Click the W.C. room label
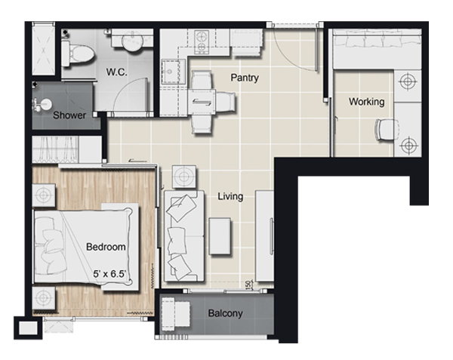pyautogui.click(x=116, y=72)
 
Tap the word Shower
pyautogui.click(x=69, y=115)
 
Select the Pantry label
pyautogui.click(x=245, y=78)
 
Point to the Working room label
pyautogui.click(x=366, y=102)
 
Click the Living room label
pyautogui.click(x=230, y=196)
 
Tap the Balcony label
pyautogui.click(x=225, y=313)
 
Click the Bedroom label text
pyautogui.click(x=106, y=247)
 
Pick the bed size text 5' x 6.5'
pyautogui.click(x=109, y=274)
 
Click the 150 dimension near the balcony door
pyautogui.click(x=248, y=284)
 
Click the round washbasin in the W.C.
pyautogui.click(x=132, y=42)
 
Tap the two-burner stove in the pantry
pyautogui.click(x=201, y=42)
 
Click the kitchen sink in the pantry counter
pyautogui.click(x=173, y=71)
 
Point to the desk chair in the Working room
pyautogui.click(x=385, y=130)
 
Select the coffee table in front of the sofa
pyautogui.click(x=220, y=236)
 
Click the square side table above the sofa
pyautogui.click(x=184, y=177)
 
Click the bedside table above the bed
pyautogui.click(x=44, y=195)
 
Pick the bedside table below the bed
pyautogui.click(x=44, y=298)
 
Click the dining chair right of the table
pyautogui.click(x=226, y=102)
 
